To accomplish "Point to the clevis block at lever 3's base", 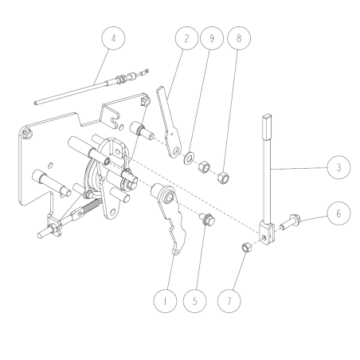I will pyautogui.click(x=268, y=230).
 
